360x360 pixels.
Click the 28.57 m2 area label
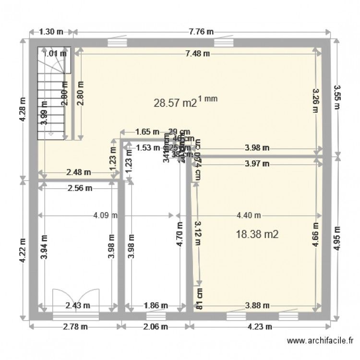(175, 103)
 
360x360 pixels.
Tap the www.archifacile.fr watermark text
(320, 341)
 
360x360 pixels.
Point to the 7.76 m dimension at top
(201, 32)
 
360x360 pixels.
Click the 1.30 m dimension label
(51, 32)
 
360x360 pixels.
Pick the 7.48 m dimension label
(197, 53)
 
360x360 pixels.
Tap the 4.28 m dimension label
(22, 110)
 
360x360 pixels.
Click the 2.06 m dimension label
(155, 327)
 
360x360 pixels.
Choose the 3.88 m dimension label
(257, 305)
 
